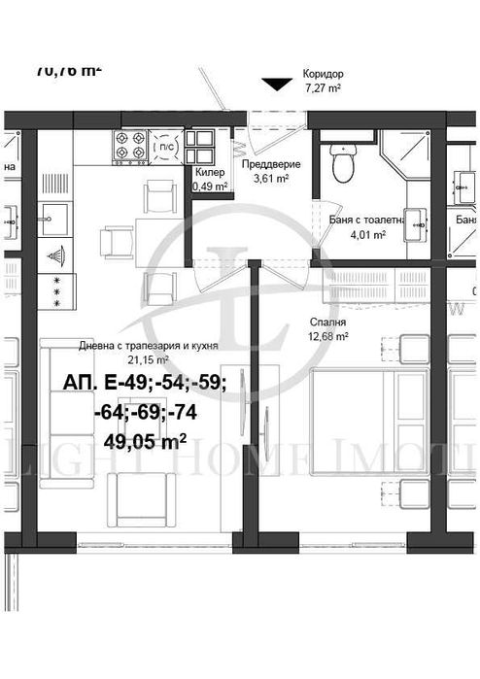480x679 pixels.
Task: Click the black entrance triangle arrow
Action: pos(277,85)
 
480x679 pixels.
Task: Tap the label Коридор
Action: pos(323,73)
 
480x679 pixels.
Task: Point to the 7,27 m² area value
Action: pos(322,87)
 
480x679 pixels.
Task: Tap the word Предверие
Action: pos(270,164)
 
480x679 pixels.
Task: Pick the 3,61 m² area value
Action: pos(270,179)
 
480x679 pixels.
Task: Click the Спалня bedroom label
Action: pos(326,323)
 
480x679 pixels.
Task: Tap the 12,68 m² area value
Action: pos(329,337)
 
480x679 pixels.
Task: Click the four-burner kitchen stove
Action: pos(131,146)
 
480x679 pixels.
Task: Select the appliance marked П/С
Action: pos(166,146)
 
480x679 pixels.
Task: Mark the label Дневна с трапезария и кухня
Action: pos(148,345)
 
